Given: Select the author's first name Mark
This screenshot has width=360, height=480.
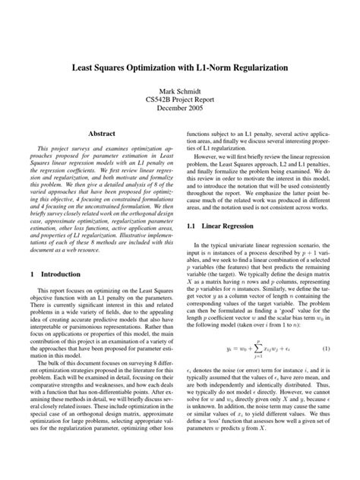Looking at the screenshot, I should point(163,90).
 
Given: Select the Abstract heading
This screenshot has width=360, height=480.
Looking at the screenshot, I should point(105,131).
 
